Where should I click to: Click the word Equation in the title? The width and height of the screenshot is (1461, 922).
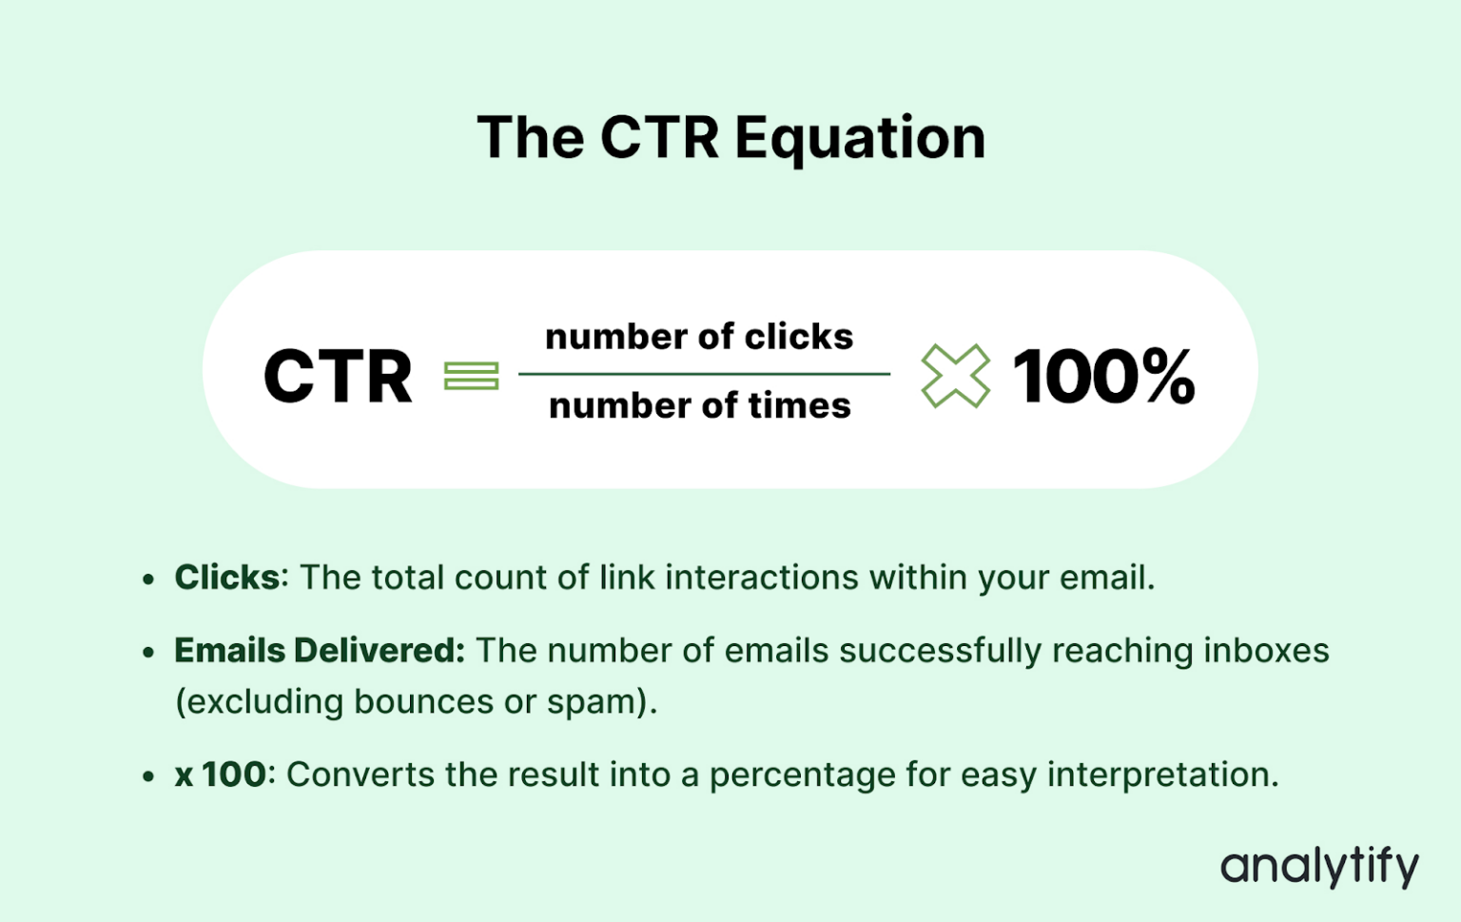click(860, 139)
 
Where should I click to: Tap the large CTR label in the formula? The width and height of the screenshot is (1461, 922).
click(338, 376)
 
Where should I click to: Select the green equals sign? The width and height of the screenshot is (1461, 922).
click(471, 376)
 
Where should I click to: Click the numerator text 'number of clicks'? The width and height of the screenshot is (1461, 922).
click(699, 337)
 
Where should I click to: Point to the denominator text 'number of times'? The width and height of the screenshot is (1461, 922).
click(700, 406)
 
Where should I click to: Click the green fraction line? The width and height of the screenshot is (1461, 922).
click(704, 374)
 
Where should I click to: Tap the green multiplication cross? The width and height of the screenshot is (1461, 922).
click(955, 376)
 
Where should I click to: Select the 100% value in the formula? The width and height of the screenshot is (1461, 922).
click(1103, 376)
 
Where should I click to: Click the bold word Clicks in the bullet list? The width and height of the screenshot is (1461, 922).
click(226, 578)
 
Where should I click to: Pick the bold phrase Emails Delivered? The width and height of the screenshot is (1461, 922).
click(319, 651)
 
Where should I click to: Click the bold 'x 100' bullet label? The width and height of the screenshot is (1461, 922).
click(220, 775)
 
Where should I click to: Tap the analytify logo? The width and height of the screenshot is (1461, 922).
click(1319, 866)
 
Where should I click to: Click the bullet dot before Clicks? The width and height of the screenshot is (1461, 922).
click(148, 579)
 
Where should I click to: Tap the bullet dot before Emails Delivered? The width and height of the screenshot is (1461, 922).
click(148, 653)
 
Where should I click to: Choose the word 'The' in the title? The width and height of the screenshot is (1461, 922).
click(530, 139)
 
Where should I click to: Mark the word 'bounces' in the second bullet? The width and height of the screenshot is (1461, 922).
click(423, 702)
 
